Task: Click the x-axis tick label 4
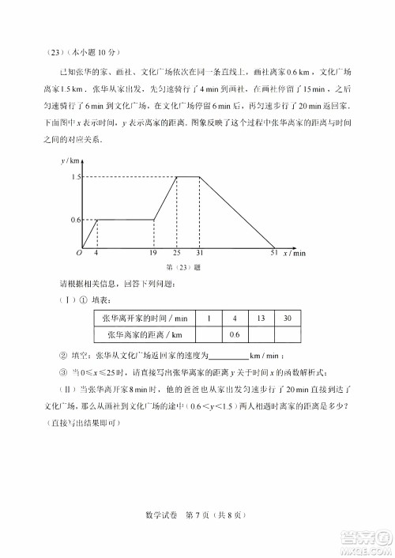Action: (96, 253)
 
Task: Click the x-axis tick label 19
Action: (152, 253)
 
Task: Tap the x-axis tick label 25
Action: (177, 253)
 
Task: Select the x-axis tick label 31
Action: (200, 253)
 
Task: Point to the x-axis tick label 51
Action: (274, 253)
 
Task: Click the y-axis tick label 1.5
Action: (77, 177)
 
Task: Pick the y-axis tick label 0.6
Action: (77, 219)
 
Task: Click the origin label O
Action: (79, 253)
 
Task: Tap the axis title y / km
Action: (69, 160)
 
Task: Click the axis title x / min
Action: (294, 253)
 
